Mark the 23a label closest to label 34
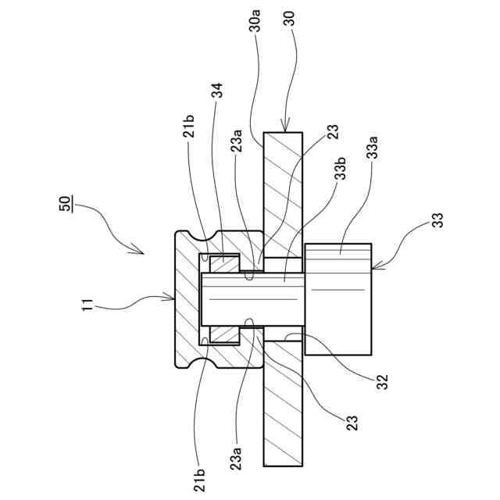point(237,145)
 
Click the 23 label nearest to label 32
point(352,423)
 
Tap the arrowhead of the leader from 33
point(373,269)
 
